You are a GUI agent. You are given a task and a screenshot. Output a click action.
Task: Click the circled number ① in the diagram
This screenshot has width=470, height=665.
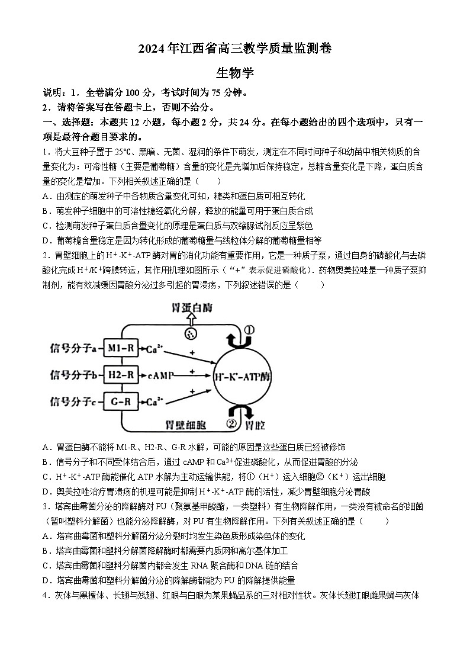249,330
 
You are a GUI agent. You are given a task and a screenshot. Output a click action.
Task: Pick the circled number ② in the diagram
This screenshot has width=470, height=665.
231,423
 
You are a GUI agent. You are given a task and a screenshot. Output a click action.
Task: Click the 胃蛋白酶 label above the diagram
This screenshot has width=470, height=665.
191,309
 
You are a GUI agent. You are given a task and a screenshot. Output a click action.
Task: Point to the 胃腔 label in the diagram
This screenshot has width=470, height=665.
255,425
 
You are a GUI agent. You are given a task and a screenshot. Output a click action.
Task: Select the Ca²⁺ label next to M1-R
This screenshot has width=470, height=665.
155,349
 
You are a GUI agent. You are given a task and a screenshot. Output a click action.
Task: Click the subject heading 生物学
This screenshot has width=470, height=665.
235,73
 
